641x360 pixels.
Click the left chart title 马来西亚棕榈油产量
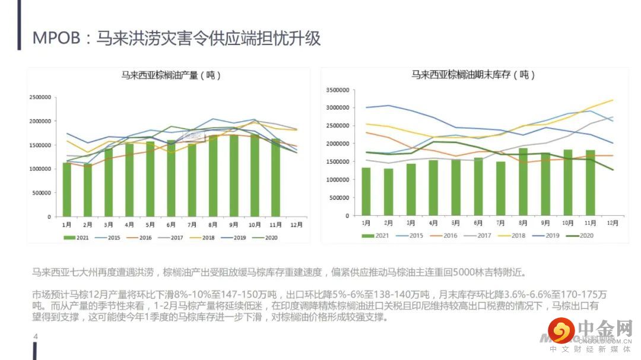171,76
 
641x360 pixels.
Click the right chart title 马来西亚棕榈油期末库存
473,75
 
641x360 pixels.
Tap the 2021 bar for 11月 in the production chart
276,177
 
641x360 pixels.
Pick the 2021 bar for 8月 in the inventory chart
523,181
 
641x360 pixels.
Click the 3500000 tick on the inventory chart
339,90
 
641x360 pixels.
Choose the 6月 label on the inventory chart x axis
478,223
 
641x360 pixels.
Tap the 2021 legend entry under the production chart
78,238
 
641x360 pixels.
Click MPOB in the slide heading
55,39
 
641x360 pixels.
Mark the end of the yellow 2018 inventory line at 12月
613,100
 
